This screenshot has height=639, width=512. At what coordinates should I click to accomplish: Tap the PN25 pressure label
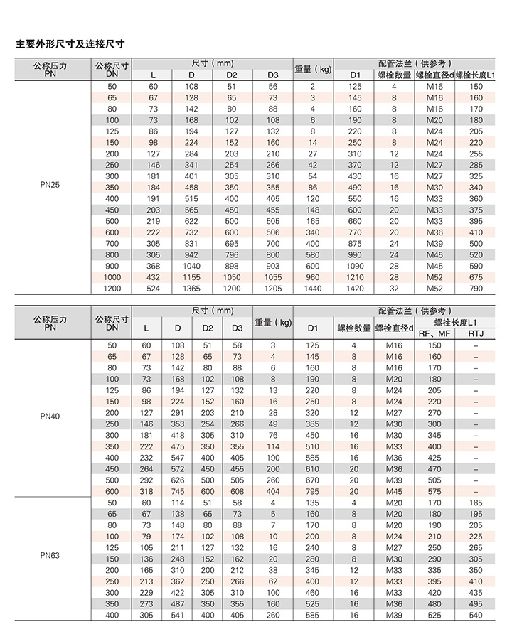[x=49, y=187]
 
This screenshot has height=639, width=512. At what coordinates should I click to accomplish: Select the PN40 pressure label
[x=49, y=416]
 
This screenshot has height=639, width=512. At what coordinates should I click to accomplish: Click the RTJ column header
[x=476, y=333]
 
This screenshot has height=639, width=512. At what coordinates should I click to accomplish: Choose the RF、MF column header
[x=434, y=333]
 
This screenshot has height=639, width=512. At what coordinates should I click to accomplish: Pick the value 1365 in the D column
[x=191, y=289]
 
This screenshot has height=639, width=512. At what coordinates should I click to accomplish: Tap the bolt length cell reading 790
[x=476, y=289]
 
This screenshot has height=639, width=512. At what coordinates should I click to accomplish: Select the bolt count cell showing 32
[x=393, y=289]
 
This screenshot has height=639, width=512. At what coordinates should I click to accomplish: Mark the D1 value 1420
[x=355, y=289]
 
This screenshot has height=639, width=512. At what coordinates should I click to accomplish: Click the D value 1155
[x=191, y=277]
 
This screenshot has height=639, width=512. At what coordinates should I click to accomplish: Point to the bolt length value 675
[x=476, y=277]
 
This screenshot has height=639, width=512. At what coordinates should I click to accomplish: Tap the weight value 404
[x=272, y=491]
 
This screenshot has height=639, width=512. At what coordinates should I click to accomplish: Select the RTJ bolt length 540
[x=476, y=615]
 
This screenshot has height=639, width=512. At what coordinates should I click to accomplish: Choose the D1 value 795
[x=314, y=491]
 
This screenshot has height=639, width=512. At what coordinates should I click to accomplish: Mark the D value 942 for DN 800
[x=191, y=254]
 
